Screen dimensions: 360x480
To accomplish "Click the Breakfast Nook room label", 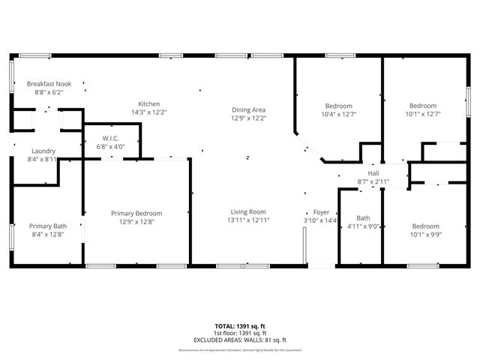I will tap(49, 84).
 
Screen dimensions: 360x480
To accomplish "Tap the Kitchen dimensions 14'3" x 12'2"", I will tap(148, 112).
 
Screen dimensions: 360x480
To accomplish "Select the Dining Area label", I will tap(248, 109).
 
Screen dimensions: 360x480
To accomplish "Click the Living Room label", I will tap(247, 211).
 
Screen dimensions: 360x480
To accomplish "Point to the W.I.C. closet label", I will tap(111, 138).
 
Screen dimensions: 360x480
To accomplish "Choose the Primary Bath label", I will tap(48, 226).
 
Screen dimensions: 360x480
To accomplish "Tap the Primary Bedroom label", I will tap(136, 213).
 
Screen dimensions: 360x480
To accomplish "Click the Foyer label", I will tap(310, 211).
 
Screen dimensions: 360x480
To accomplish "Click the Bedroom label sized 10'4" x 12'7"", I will tap(338, 106).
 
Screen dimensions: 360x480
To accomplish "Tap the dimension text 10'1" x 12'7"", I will tap(424, 114).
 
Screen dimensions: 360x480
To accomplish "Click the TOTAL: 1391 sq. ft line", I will tap(240, 327).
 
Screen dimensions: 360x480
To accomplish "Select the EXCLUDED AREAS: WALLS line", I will tap(240, 340).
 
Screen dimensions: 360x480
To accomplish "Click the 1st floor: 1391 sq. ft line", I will tap(240, 334).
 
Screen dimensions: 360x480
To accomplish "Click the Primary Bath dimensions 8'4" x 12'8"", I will tap(48, 234).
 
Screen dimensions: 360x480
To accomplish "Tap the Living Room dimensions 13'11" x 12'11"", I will tap(247, 220).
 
